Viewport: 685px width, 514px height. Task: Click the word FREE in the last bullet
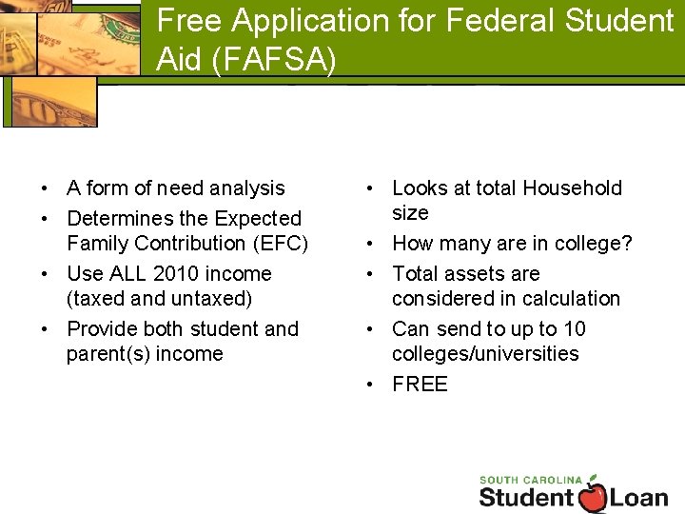click(420, 384)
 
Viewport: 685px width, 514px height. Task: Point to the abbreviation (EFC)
click(275, 243)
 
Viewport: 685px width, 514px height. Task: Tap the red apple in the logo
click(593, 496)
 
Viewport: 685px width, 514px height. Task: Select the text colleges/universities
click(485, 353)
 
